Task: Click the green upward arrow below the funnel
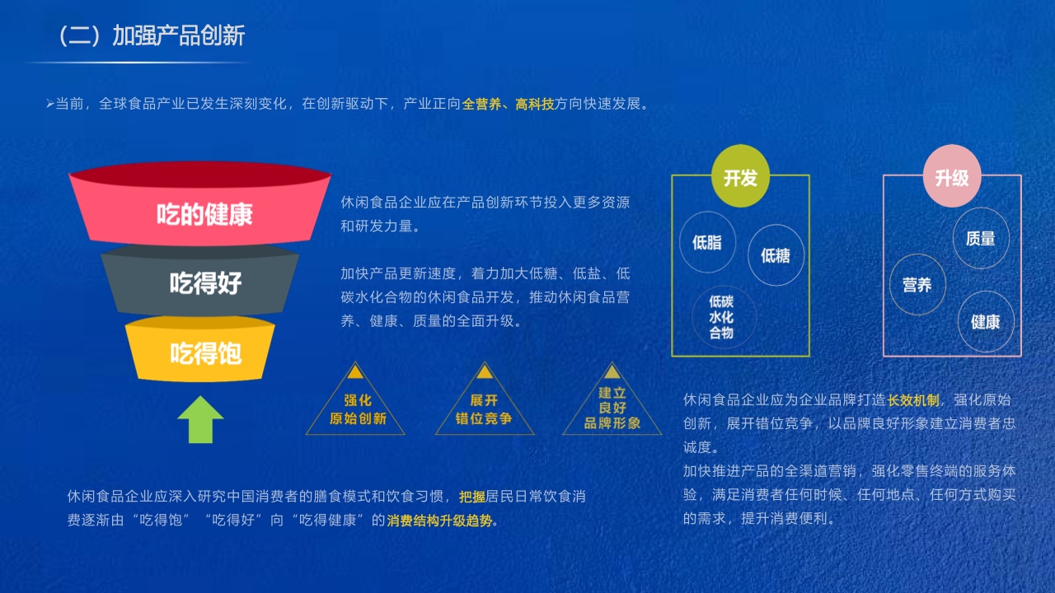pos(200,419)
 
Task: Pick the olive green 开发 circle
pos(740,176)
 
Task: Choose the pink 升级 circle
pos(952,176)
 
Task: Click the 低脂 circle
pos(707,242)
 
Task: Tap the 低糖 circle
pos(776,255)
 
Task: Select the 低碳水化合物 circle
pos(724,318)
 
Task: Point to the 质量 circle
pos(981,238)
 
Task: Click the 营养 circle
pos(917,284)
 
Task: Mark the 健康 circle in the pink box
pos(985,322)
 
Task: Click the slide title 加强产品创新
pos(179,35)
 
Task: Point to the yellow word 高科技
pos(534,104)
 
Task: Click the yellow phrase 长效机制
pos(912,400)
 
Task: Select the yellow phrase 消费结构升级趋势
pos(439,520)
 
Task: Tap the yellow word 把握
pos(472,497)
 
